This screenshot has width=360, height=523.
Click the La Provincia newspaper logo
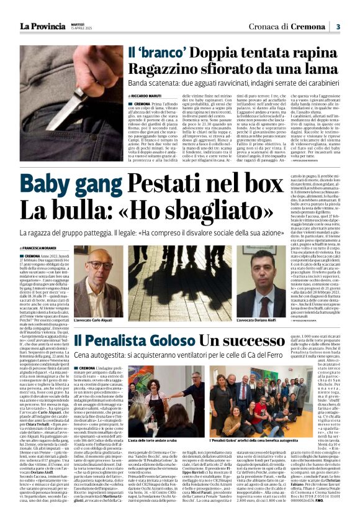(42, 25)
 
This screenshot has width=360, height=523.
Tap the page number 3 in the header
(338, 26)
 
